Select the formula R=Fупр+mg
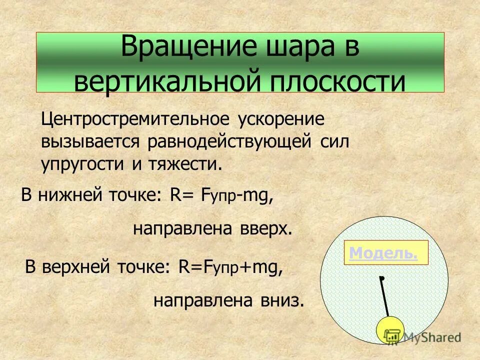(230, 268)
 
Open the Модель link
(383, 253)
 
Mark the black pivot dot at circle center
(381, 277)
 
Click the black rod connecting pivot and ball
(385, 298)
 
